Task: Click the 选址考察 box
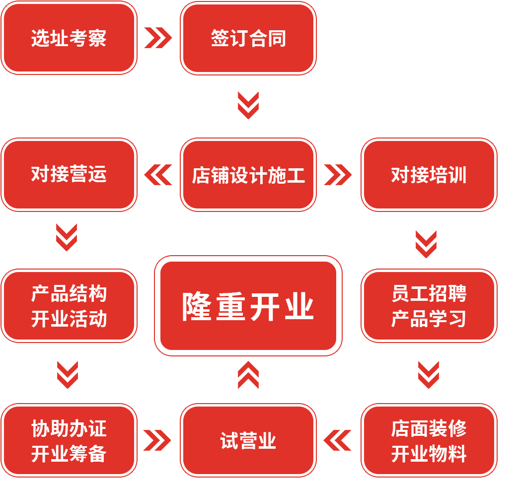click(x=69, y=38)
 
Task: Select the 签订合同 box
click(x=248, y=38)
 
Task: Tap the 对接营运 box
click(x=69, y=175)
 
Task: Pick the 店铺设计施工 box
click(x=248, y=175)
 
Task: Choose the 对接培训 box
click(x=429, y=175)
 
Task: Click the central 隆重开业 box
click(x=248, y=306)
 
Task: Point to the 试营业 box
click(x=248, y=441)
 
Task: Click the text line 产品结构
click(x=69, y=294)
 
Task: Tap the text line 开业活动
click(x=69, y=319)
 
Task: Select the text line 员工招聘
click(x=429, y=294)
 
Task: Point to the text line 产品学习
click(x=429, y=319)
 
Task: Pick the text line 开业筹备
click(x=69, y=454)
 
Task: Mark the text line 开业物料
click(x=429, y=454)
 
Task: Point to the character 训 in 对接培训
click(x=457, y=175)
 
